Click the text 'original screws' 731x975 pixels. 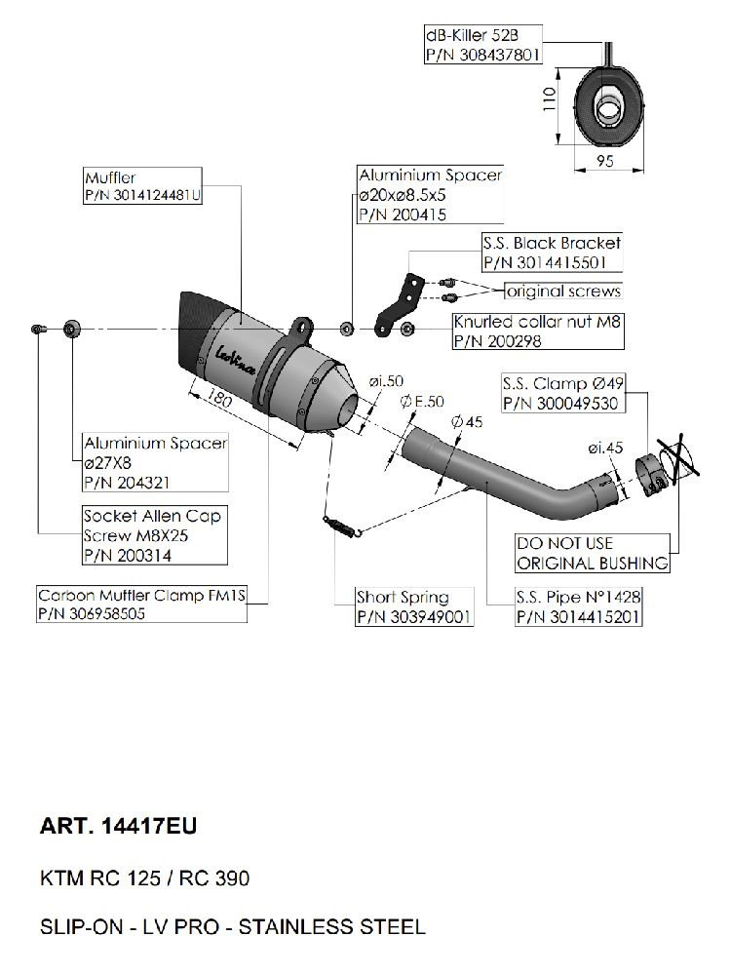[x=562, y=292]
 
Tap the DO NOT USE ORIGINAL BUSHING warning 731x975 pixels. [x=592, y=553]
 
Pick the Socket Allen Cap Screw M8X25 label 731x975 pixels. [x=152, y=526]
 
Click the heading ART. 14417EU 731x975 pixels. [x=118, y=827]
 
